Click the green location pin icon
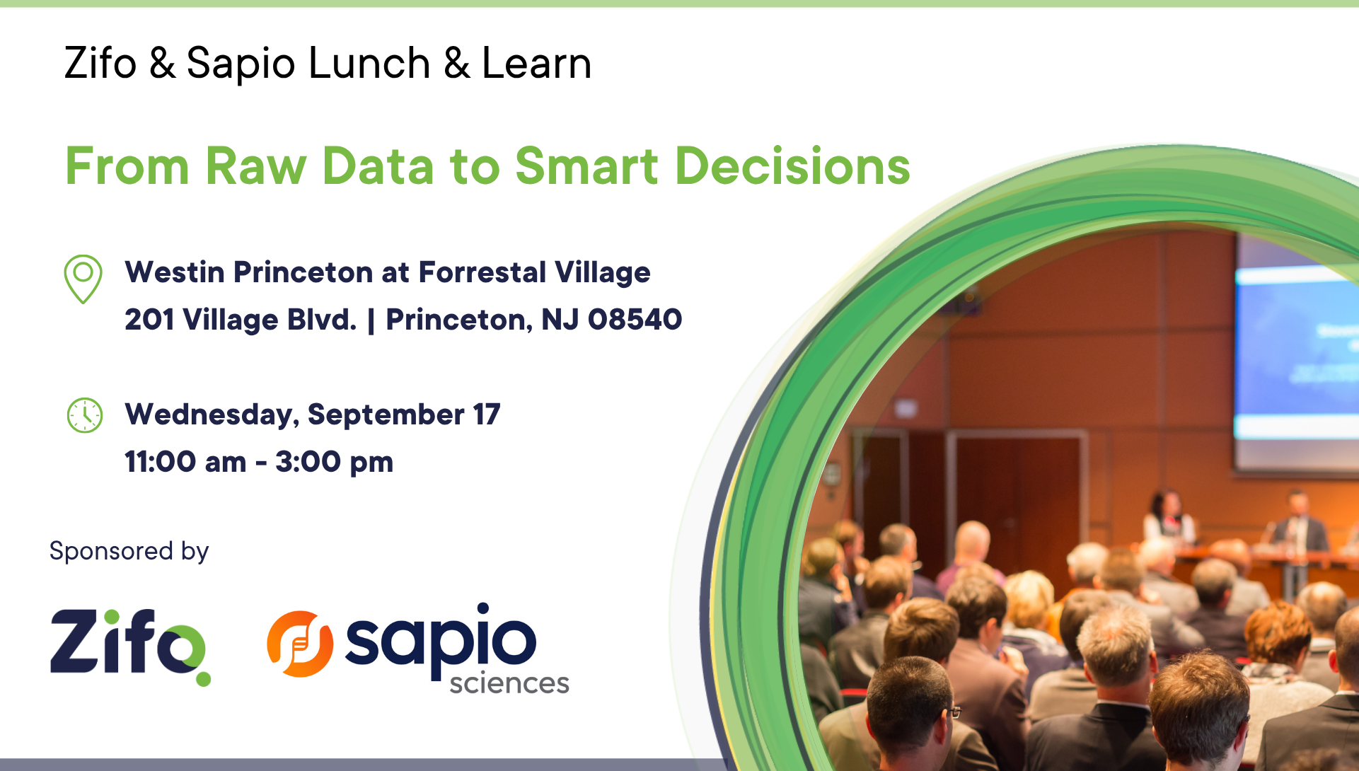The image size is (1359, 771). [x=83, y=279]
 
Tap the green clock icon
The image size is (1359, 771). [x=85, y=415]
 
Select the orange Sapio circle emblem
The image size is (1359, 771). [x=300, y=644]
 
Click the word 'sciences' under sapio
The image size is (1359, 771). [x=509, y=683]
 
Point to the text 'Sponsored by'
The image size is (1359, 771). [x=129, y=551]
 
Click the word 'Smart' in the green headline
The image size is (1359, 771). [x=587, y=166]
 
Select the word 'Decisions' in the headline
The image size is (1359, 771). [x=793, y=166]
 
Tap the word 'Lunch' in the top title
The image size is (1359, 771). [x=369, y=63]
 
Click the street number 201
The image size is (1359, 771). [x=149, y=320]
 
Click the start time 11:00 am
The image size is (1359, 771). [x=185, y=462]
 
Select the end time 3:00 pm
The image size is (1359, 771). [x=334, y=463]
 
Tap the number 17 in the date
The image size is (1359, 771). [x=487, y=415]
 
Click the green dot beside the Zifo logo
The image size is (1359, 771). [x=203, y=678]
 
